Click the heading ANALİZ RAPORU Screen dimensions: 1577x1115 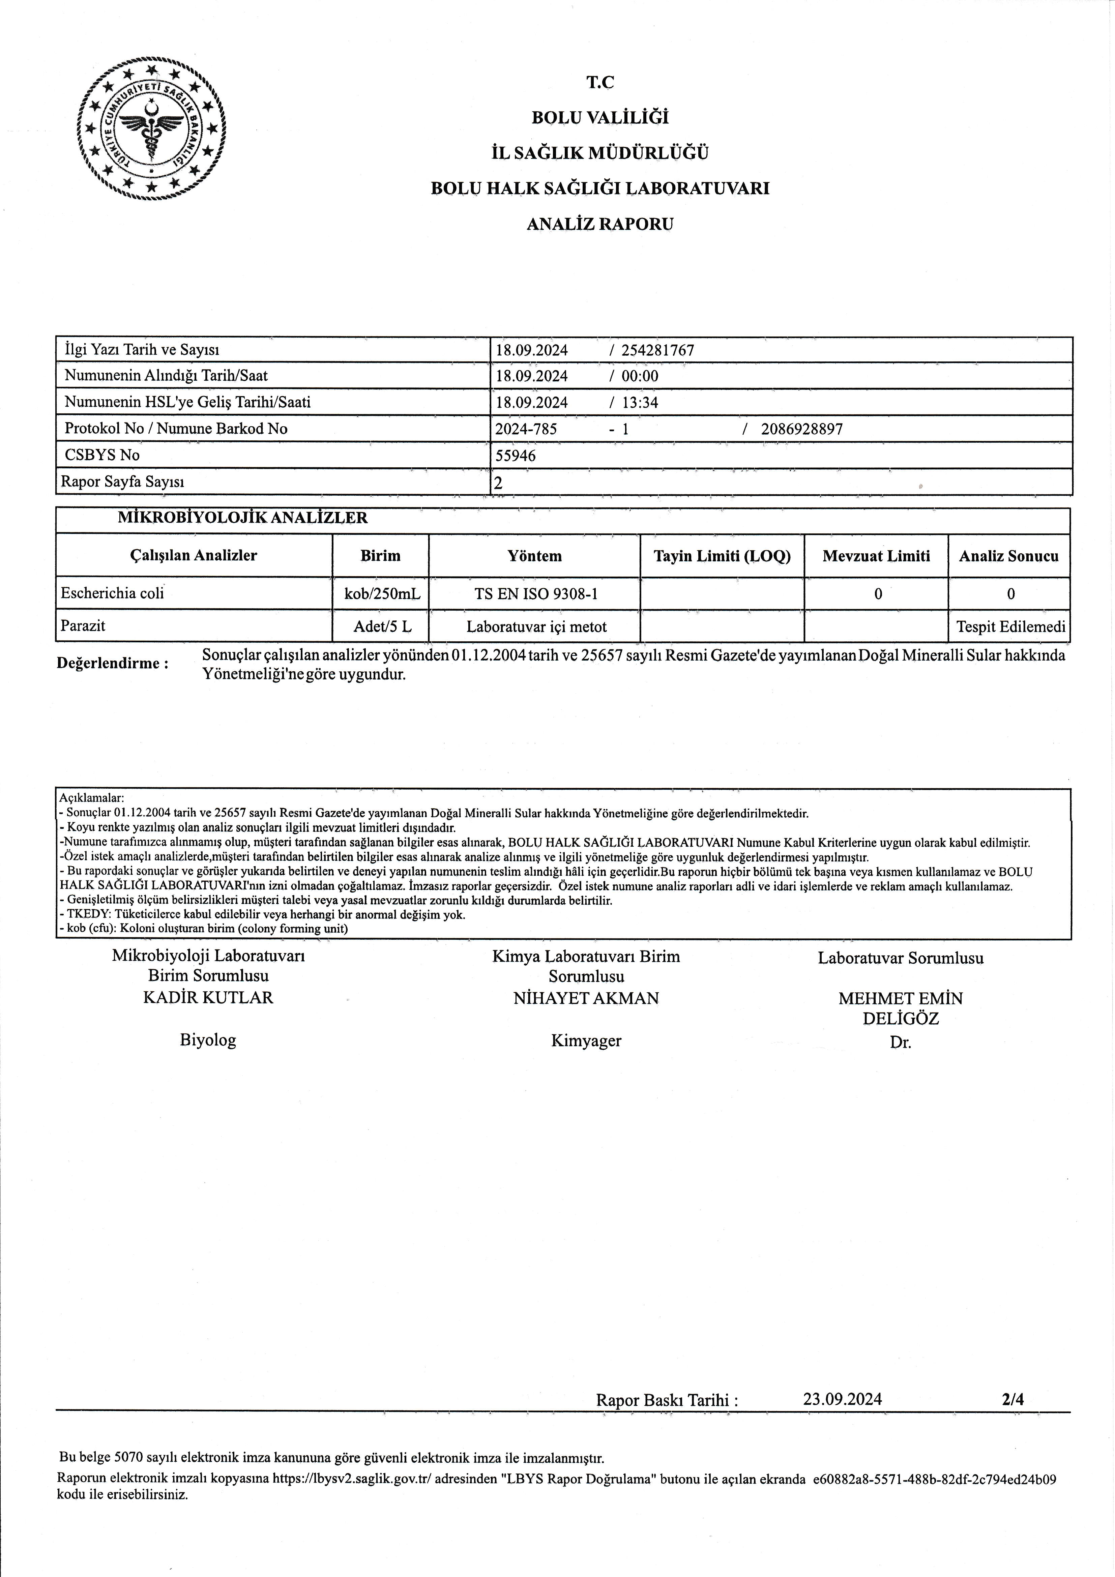pyautogui.click(x=600, y=224)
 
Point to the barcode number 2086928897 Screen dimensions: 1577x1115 pyautogui.click(x=802, y=429)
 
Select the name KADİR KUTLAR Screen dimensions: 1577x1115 pyautogui.click(x=208, y=997)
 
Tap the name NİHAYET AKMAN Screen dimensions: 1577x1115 pyautogui.click(x=586, y=998)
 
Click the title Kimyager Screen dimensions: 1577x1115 pyautogui.click(x=586, y=1041)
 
